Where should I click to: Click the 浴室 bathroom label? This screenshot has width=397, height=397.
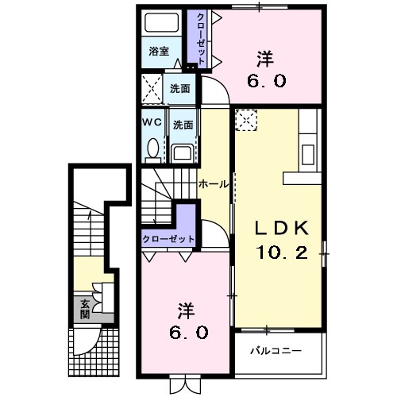[x=159, y=51]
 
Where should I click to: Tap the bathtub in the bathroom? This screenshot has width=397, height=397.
[x=162, y=22]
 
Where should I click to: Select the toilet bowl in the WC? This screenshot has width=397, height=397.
[x=153, y=148]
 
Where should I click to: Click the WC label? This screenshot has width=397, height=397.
[x=152, y=122]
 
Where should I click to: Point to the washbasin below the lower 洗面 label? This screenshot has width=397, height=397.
[x=183, y=153]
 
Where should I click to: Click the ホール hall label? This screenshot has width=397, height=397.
[x=214, y=184]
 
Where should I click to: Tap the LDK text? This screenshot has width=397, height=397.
[x=282, y=228]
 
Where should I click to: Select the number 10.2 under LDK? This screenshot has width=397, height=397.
[x=282, y=252]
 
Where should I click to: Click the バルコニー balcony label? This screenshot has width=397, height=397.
[x=276, y=351]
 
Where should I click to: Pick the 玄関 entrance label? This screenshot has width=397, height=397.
[x=85, y=309]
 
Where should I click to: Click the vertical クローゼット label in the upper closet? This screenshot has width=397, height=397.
[x=201, y=39]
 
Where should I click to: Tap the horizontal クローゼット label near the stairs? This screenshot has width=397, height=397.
[x=168, y=239]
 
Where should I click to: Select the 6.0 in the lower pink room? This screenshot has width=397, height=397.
[x=188, y=333]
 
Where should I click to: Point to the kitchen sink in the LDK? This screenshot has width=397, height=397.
[x=307, y=154]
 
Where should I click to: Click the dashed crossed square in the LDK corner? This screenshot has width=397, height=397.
[x=246, y=121]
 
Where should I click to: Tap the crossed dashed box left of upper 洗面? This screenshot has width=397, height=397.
[x=152, y=89]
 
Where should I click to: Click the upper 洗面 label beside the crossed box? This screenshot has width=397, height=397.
[x=180, y=89]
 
